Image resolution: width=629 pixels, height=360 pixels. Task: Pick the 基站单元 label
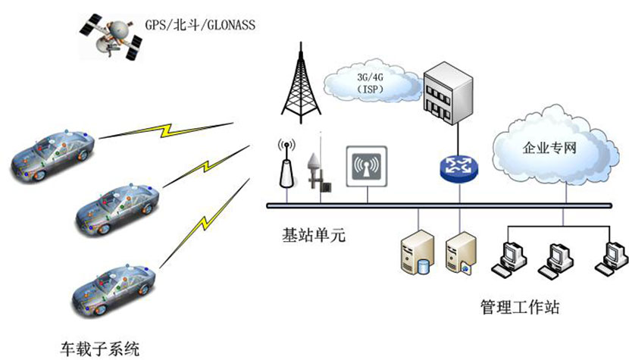tap(312, 236)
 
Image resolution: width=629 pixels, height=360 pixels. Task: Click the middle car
tap(117, 205)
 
